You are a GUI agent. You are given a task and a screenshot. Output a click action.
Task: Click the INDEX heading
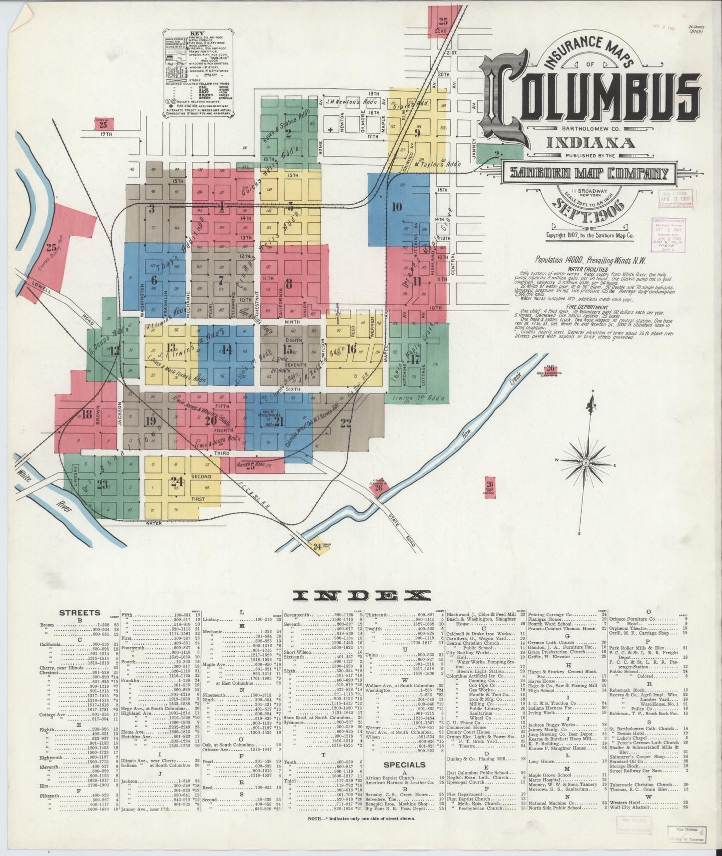[x=361, y=595]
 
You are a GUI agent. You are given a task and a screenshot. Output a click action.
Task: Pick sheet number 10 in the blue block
[x=397, y=207]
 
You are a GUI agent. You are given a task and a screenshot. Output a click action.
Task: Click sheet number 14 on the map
[x=227, y=350]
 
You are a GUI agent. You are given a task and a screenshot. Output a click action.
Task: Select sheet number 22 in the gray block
[x=345, y=424]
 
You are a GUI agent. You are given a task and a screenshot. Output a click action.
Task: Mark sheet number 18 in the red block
[x=87, y=414]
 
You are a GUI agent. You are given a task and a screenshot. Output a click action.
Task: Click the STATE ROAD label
[x=403, y=526]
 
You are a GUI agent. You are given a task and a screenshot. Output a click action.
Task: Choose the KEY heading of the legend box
[x=197, y=34]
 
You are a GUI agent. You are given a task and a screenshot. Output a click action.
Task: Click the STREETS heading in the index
[x=79, y=613]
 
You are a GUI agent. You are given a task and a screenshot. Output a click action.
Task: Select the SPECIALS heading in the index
[x=404, y=764]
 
